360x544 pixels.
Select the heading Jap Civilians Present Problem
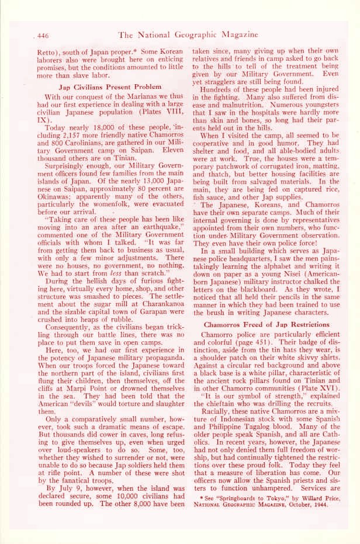[103, 88]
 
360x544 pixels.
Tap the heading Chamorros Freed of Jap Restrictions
[266, 324]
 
